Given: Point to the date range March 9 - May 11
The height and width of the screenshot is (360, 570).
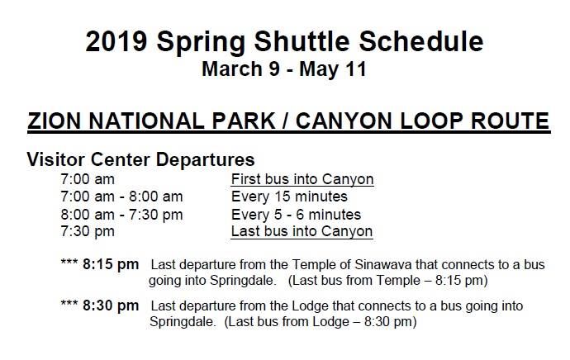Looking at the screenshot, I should (x=283, y=69).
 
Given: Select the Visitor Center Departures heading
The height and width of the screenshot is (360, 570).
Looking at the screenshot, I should (x=140, y=159).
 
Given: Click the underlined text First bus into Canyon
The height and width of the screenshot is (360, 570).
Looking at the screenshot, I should (x=302, y=179).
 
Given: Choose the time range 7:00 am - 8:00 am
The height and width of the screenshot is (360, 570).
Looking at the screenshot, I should (x=121, y=197).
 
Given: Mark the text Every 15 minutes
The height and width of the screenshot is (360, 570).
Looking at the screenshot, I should (x=289, y=197).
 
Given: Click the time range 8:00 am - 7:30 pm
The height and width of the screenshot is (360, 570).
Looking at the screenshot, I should (x=121, y=215).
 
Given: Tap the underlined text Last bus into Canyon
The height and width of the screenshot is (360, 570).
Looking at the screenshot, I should (x=302, y=232).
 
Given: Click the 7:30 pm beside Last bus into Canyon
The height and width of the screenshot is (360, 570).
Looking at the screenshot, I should (x=88, y=232).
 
